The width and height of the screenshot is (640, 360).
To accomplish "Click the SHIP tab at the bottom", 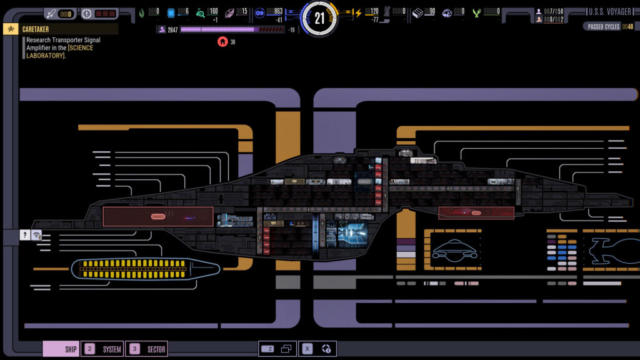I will (61, 349).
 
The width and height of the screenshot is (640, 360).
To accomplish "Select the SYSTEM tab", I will (103, 349).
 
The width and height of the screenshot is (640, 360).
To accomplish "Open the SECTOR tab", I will (147, 349).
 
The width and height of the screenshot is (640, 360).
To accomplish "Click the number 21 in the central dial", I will (319, 18).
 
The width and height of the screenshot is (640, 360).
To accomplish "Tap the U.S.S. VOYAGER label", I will (609, 12).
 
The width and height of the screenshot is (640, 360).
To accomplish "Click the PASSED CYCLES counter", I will (610, 27).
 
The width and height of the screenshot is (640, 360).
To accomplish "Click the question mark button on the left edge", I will (24, 235).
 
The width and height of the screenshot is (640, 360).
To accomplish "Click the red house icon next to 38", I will (222, 42).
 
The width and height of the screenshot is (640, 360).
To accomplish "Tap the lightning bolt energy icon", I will (358, 12).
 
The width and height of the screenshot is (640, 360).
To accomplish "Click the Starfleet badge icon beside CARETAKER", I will (11, 29).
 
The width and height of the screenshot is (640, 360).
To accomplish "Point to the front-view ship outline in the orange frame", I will (455, 249).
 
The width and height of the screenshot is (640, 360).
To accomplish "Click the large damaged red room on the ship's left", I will (158, 217).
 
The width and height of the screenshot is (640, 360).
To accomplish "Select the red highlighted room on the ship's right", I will (476, 212).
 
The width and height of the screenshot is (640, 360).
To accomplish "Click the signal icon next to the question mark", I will (37, 235).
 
